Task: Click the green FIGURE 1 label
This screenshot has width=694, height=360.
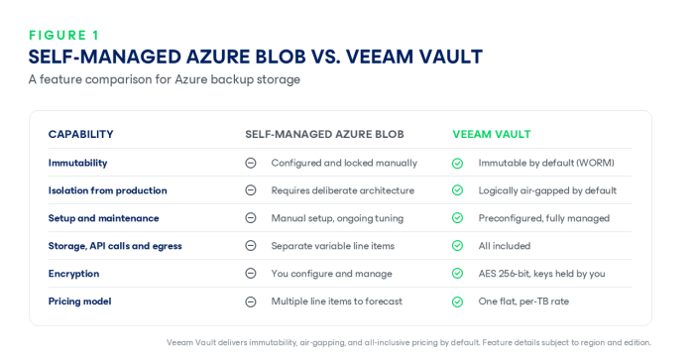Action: [x=64, y=35]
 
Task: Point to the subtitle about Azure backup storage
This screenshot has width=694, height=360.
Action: [x=165, y=79]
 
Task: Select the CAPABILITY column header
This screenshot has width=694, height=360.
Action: [x=80, y=134]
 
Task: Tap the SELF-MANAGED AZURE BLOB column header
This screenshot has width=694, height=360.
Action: [x=324, y=134]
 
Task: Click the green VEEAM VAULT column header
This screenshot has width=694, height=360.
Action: [x=492, y=134]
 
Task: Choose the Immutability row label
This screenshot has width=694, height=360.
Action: [x=77, y=163]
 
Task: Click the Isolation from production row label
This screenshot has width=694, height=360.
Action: [x=107, y=190]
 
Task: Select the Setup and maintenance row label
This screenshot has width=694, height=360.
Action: [x=103, y=218]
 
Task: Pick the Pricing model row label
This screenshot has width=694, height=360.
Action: [x=79, y=301]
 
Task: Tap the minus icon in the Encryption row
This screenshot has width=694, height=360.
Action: [x=251, y=274]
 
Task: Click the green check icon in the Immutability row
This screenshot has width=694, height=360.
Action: [x=458, y=164]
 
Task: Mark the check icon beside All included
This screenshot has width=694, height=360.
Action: [x=458, y=246]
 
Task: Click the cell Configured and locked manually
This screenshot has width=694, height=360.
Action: [x=344, y=163]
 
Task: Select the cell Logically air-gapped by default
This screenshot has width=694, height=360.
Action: [x=547, y=190]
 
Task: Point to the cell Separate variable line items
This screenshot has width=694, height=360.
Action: [x=332, y=246]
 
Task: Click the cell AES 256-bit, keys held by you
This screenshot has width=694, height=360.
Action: [x=541, y=274]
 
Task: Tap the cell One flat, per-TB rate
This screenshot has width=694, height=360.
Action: [x=523, y=301]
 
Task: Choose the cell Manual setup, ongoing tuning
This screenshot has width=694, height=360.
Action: [x=337, y=218]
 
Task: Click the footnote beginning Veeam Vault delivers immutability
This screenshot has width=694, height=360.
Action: [x=408, y=342]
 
